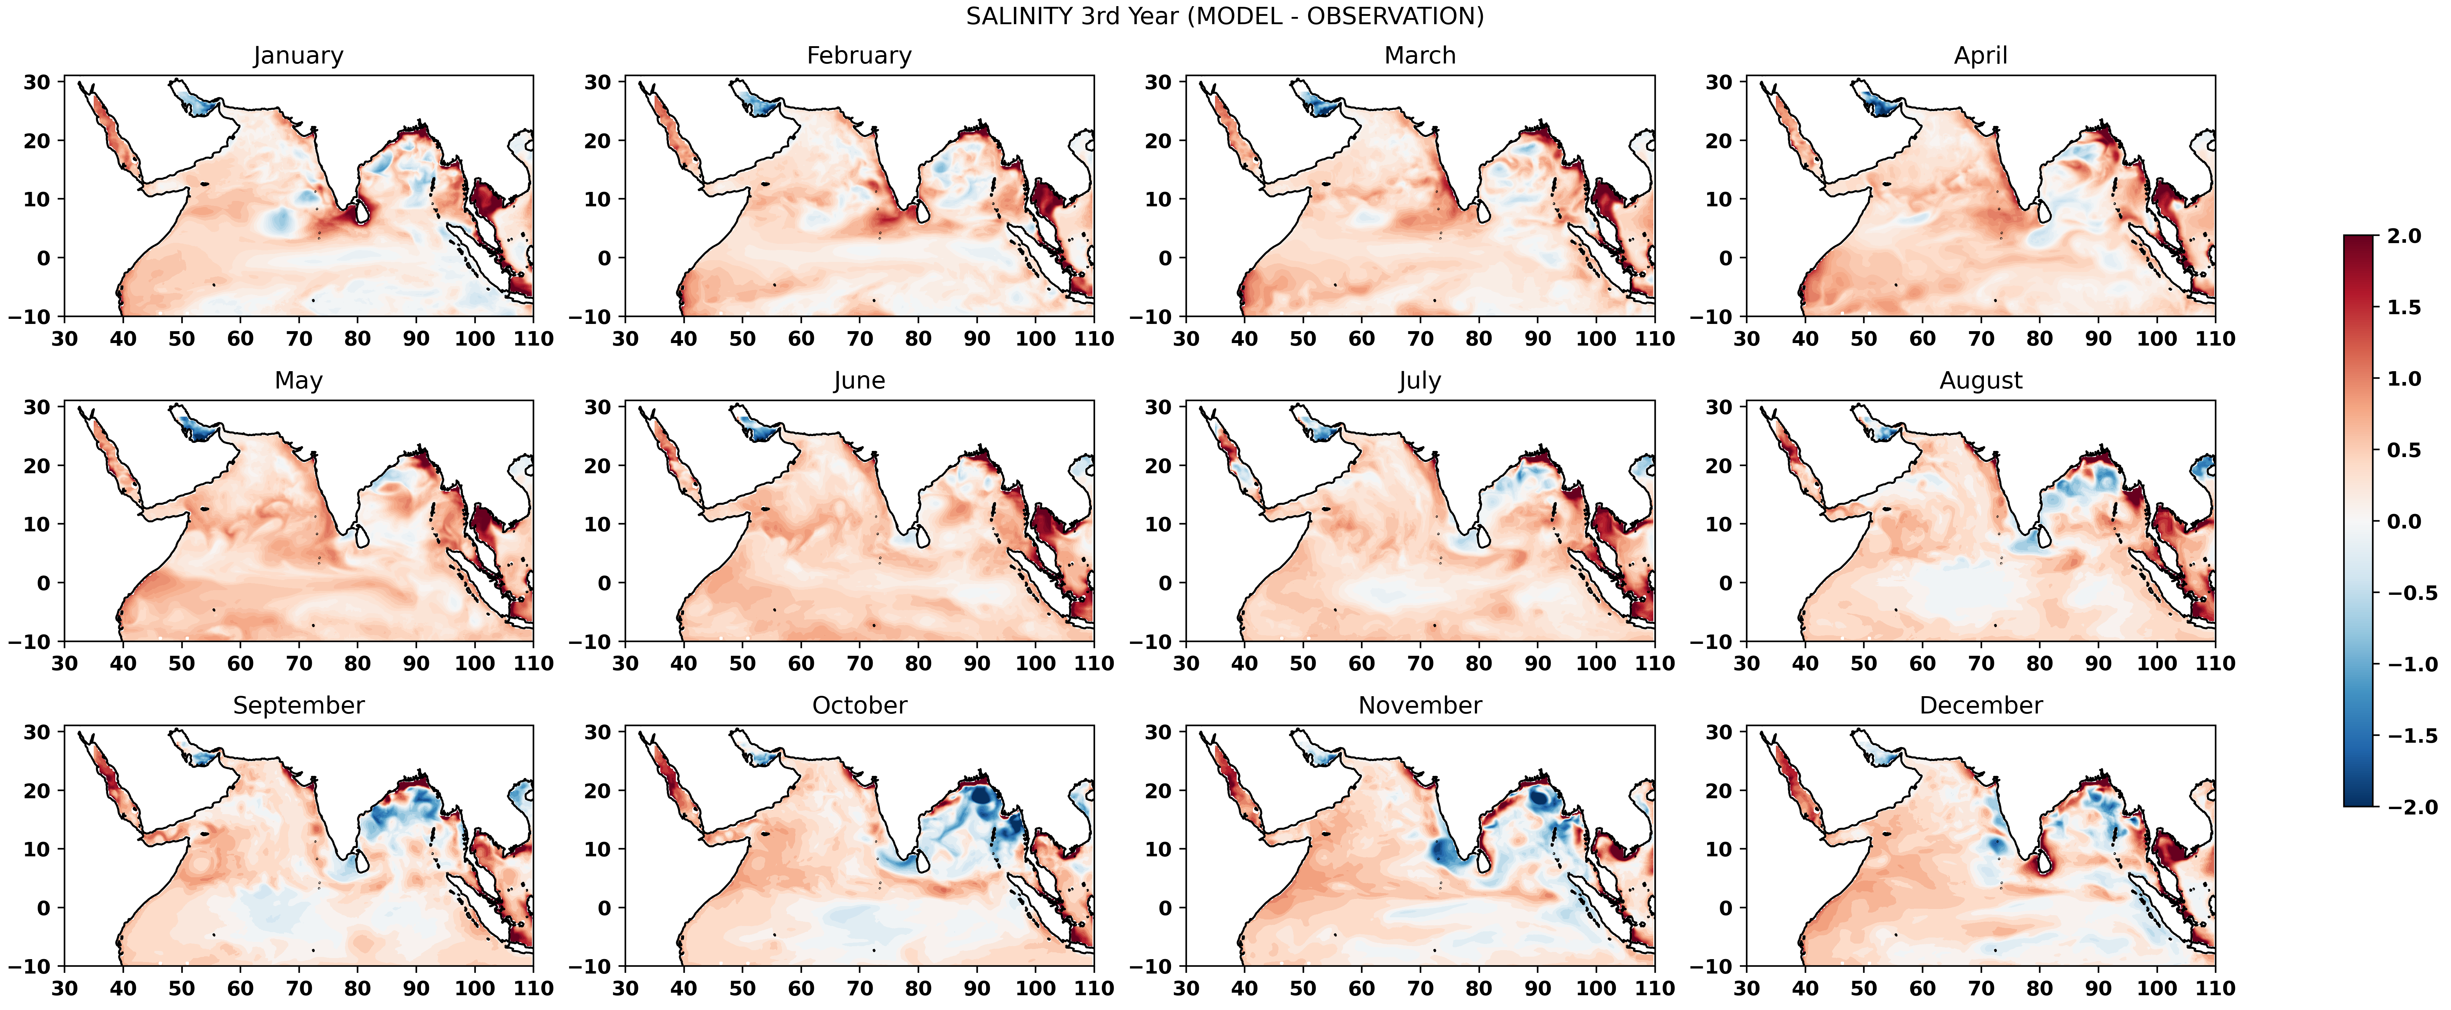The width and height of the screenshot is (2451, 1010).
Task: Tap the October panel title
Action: pyautogui.click(x=859, y=706)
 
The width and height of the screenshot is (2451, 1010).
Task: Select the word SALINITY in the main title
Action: pyautogui.click(x=1019, y=16)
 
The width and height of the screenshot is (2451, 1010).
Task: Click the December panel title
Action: pyautogui.click(x=1981, y=706)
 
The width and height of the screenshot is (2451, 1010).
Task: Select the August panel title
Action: pyautogui.click(x=1981, y=381)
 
